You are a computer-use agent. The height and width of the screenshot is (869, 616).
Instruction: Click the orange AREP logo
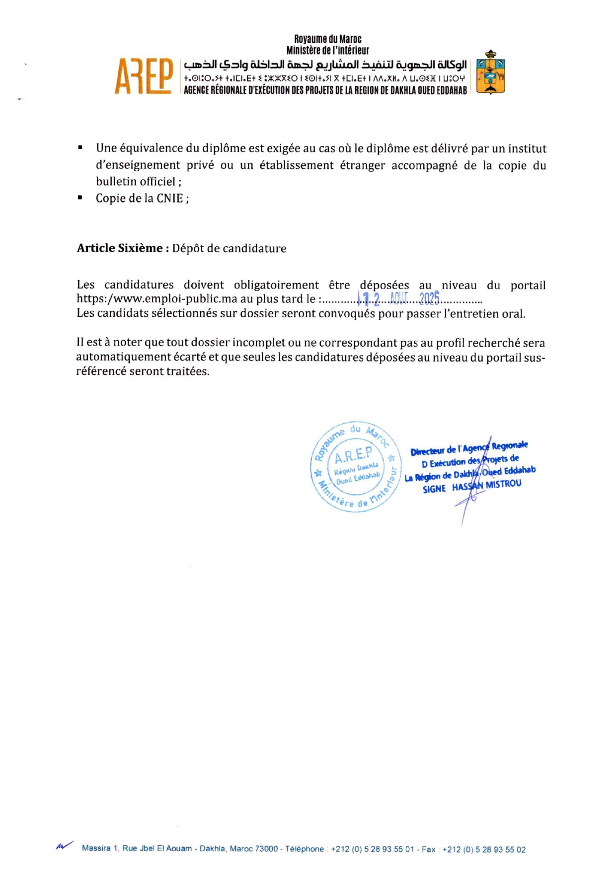tap(144, 76)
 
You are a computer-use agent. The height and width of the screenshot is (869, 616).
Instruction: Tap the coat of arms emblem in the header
tap(490, 72)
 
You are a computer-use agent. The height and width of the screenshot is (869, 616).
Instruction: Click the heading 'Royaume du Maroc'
tap(328, 39)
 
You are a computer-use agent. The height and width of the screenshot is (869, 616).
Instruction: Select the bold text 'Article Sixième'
tap(120, 248)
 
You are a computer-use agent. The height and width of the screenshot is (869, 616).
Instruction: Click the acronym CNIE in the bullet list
tap(170, 198)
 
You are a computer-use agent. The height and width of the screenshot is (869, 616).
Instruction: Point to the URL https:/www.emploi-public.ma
tap(156, 299)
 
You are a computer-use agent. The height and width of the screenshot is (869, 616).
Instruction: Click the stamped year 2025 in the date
tap(429, 298)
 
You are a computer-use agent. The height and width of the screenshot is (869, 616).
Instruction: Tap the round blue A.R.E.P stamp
tap(356, 466)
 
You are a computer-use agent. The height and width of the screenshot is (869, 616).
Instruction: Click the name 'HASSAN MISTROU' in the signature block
tap(486, 486)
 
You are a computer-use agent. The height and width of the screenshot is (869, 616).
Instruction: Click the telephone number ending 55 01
tap(372, 849)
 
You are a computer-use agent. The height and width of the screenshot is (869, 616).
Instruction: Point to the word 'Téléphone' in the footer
tap(304, 849)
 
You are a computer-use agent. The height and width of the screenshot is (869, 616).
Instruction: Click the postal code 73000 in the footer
tap(266, 849)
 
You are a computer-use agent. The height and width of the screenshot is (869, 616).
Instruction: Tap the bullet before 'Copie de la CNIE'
tap(80, 198)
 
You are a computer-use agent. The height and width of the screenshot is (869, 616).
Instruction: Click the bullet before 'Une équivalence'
tap(80, 147)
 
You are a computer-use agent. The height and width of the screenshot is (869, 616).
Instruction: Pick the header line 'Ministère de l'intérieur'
tap(328, 50)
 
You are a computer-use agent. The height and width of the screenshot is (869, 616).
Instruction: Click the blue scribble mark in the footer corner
tap(65, 846)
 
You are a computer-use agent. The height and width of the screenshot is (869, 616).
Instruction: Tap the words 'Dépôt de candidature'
tap(229, 248)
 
